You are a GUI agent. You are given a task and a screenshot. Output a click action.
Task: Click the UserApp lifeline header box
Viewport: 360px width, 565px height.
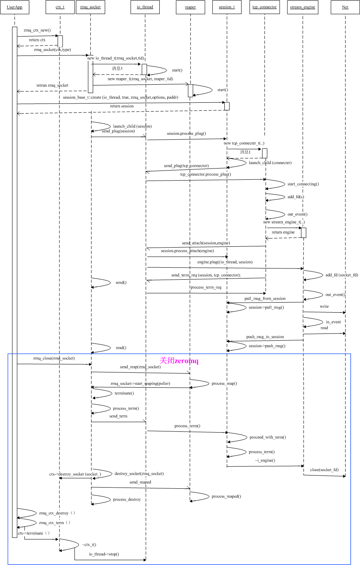coord(14,7)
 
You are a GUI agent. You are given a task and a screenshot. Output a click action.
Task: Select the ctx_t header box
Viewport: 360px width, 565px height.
coord(60,7)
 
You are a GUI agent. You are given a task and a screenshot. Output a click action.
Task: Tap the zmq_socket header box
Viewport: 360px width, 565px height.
coord(90,7)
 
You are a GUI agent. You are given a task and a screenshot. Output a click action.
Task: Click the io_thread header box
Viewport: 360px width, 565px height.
coord(145,7)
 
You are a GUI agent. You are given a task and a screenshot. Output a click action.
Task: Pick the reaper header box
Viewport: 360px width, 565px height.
coord(190,7)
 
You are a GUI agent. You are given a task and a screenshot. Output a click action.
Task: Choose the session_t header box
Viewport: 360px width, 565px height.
coord(227,7)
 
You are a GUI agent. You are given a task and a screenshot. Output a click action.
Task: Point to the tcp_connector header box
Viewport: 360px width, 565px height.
coord(264,7)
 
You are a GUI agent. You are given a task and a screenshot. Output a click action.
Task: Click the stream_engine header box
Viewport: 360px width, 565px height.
coord(303,7)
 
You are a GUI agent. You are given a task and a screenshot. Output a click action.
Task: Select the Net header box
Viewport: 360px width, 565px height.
coord(345,7)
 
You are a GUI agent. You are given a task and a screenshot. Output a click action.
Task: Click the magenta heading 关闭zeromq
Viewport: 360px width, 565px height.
coord(179,361)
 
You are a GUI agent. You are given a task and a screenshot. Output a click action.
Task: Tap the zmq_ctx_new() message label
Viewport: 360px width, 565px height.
coord(37,30)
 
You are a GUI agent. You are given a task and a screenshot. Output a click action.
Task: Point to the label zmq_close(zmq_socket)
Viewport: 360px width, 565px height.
coord(54,358)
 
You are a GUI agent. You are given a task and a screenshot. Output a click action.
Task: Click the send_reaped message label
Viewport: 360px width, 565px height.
coord(140,482)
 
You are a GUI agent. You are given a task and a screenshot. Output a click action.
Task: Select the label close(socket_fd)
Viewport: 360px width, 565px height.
coord(324,469)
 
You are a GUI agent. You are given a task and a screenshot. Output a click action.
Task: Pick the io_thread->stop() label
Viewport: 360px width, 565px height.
coord(104,554)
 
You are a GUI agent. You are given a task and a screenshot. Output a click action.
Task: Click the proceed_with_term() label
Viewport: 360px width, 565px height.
coord(268,437)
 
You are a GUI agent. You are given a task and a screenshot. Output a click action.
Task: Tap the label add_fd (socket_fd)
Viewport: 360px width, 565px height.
coord(342,275)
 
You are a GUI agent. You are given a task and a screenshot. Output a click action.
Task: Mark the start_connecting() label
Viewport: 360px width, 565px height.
coord(303,184)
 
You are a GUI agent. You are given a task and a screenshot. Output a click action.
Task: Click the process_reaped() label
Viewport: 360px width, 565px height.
coord(226,496)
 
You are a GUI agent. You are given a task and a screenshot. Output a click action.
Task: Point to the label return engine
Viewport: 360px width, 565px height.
coord(283,232)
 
